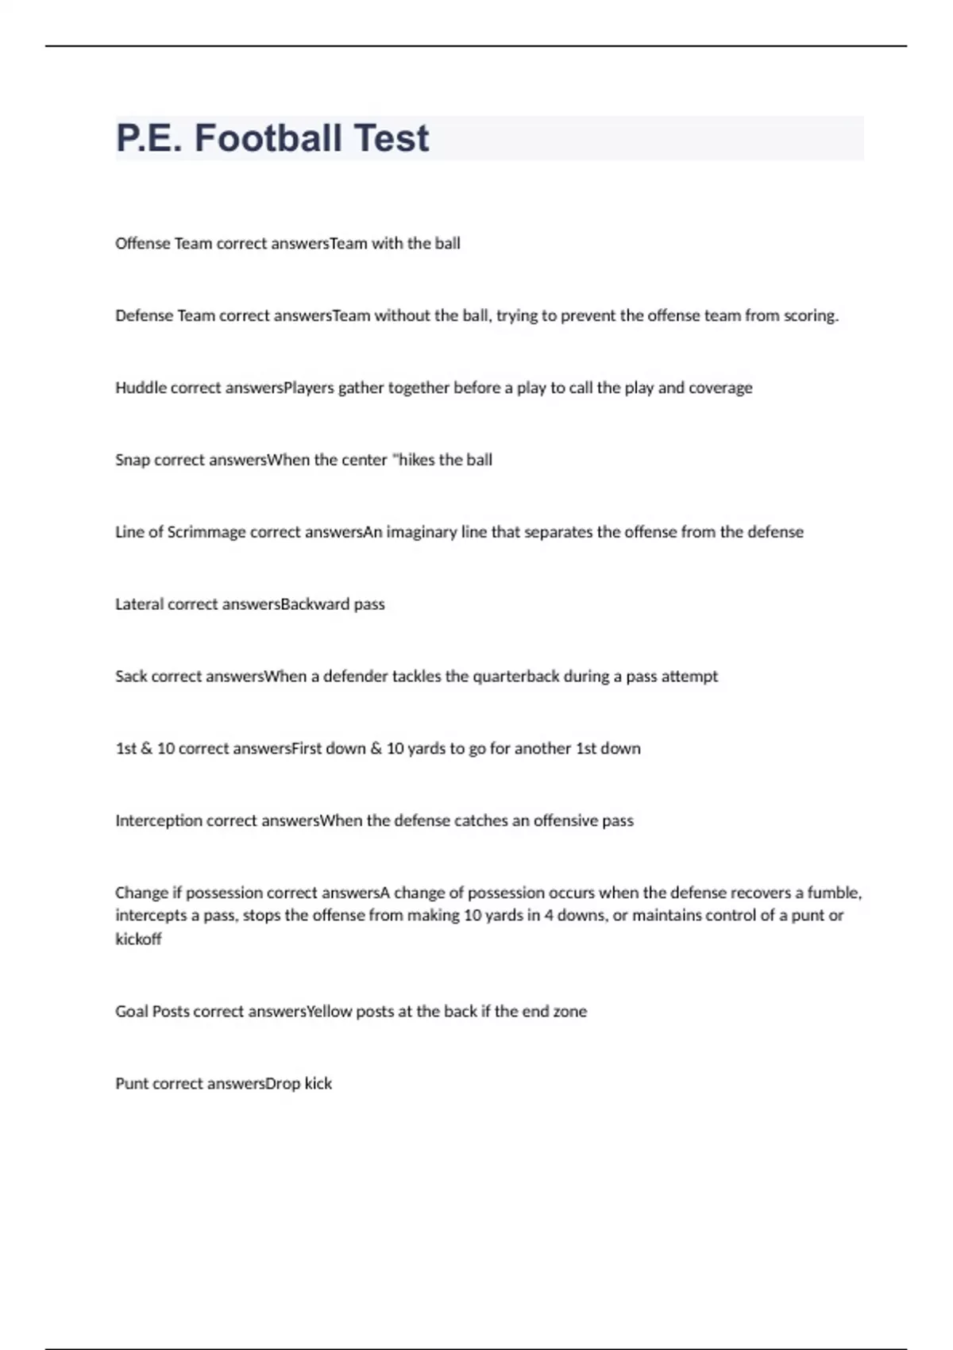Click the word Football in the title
click(x=268, y=138)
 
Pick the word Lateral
click(x=139, y=604)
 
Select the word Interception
click(x=159, y=820)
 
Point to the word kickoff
click(x=138, y=939)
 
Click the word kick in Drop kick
click(x=318, y=1084)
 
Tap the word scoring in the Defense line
click(x=811, y=316)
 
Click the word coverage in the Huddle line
click(x=720, y=388)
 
